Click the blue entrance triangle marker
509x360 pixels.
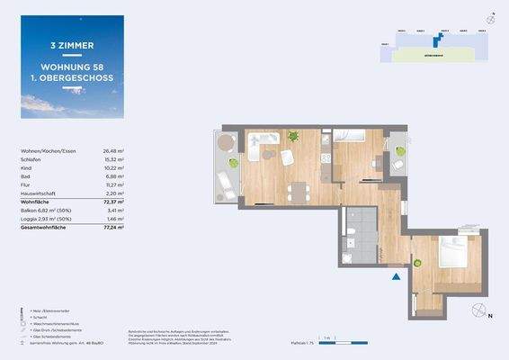393,276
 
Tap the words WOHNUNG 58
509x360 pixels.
72,65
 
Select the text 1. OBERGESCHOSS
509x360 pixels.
72,76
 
